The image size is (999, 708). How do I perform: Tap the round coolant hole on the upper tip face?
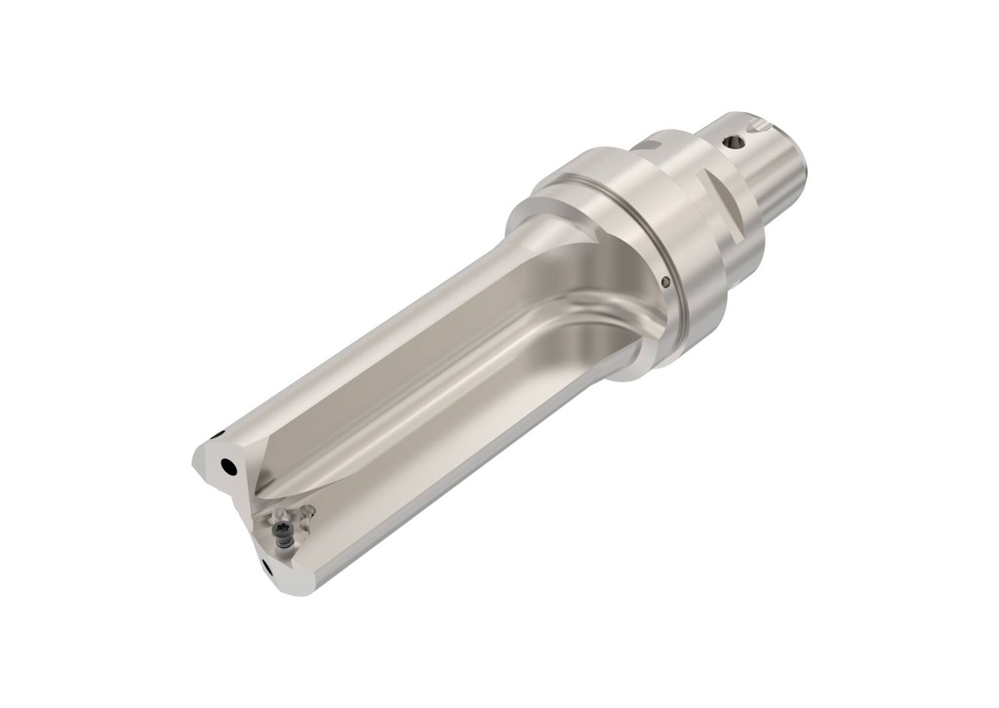[x=227, y=468]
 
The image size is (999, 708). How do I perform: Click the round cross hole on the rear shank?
[x=735, y=142]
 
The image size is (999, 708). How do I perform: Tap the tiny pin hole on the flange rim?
[x=664, y=283]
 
